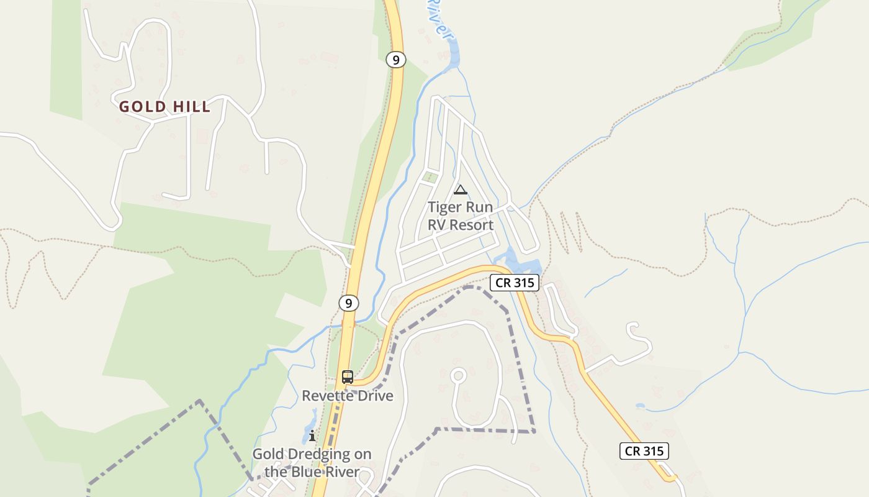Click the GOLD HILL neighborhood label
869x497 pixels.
point(164,107)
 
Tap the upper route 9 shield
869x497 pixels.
point(395,60)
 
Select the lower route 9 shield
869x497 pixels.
point(349,303)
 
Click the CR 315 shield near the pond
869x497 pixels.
point(515,283)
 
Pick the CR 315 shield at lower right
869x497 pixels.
point(644,451)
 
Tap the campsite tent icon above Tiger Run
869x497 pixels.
point(460,189)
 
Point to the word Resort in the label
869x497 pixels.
point(471,225)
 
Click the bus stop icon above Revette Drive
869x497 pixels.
point(348,376)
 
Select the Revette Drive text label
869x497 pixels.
point(348,396)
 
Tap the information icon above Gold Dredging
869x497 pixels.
point(312,435)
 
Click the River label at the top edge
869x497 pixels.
point(438,19)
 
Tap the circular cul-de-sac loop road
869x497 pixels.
point(458,375)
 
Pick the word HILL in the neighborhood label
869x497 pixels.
point(192,107)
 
